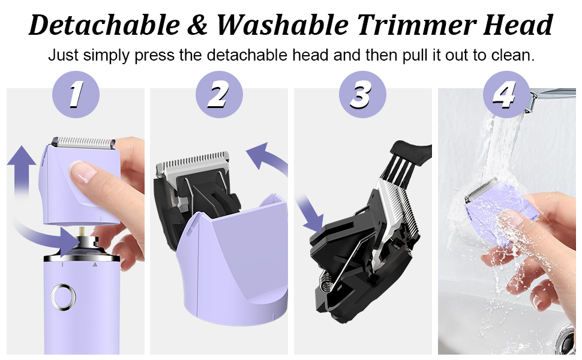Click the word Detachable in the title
click(x=104, y=25)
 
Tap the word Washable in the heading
click(x=283, y=25)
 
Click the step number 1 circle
click(x=76, y=94)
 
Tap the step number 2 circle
click(x=219, y=94)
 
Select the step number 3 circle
click(x=362, y=94)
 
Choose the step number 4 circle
click(x=506, y=94)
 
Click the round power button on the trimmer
click(x=63, y=297)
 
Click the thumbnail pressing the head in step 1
click(x=83, y=172)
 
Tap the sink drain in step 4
click(x=566, y=337)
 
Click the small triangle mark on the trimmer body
click(x=95, y=265)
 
